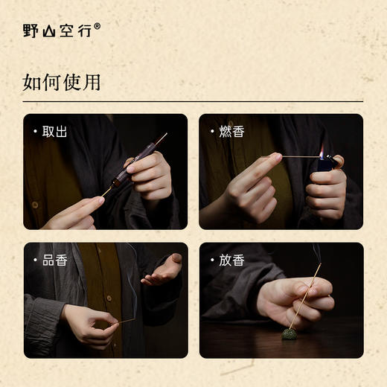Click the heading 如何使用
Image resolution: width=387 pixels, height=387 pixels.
[62, 82]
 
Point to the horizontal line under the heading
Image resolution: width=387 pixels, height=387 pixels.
[193, 101]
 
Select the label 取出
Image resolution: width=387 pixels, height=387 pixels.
[54, 132]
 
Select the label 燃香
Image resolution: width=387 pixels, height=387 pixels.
[231, 132]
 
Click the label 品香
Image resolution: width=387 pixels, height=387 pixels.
[54, 260]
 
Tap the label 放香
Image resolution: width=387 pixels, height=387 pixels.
[231, 260]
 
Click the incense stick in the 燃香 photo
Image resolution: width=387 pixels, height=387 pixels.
[298, 157]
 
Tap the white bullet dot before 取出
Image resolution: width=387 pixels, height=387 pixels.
[35, 132]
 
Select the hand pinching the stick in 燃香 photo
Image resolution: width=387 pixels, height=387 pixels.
[253, 182]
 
